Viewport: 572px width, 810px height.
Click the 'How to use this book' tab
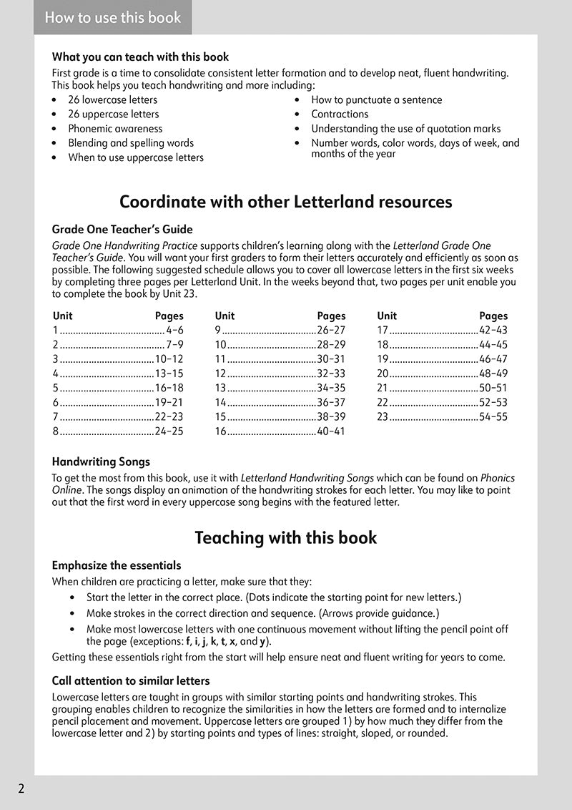click(x=113, y=18)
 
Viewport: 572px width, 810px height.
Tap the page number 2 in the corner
click(x=21, y=789)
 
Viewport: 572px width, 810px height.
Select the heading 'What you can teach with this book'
click(x=140, y=57)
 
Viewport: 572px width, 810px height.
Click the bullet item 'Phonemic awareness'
click(x=115, y=129)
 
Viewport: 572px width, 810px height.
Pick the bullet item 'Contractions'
click(x=340, y=114)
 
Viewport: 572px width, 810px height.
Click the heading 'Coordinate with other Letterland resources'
click(x=285, y=202)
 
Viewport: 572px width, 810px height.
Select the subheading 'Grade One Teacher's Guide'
click(x=122, y=230)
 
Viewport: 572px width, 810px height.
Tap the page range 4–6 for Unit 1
click(x=174, y=331)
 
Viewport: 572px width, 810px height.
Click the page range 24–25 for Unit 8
click(x=169, y=431)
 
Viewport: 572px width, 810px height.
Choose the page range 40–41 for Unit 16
click(x=331, y=431)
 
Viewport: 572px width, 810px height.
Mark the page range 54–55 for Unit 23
click(x=493, y=416)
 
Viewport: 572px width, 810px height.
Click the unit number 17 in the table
click(x=383, y=331)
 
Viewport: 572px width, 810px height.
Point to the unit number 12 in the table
click(x=220, y=374)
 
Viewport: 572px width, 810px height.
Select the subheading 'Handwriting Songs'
click(x=101, y=462)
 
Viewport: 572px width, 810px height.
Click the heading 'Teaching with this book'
click(x=285, y=537)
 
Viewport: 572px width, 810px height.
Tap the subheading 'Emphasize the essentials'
click(x=117, y=565)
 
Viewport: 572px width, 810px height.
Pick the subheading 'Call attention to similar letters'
click(x=131, y=681)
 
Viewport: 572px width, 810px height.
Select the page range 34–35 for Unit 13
click(x=331, y=388)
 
